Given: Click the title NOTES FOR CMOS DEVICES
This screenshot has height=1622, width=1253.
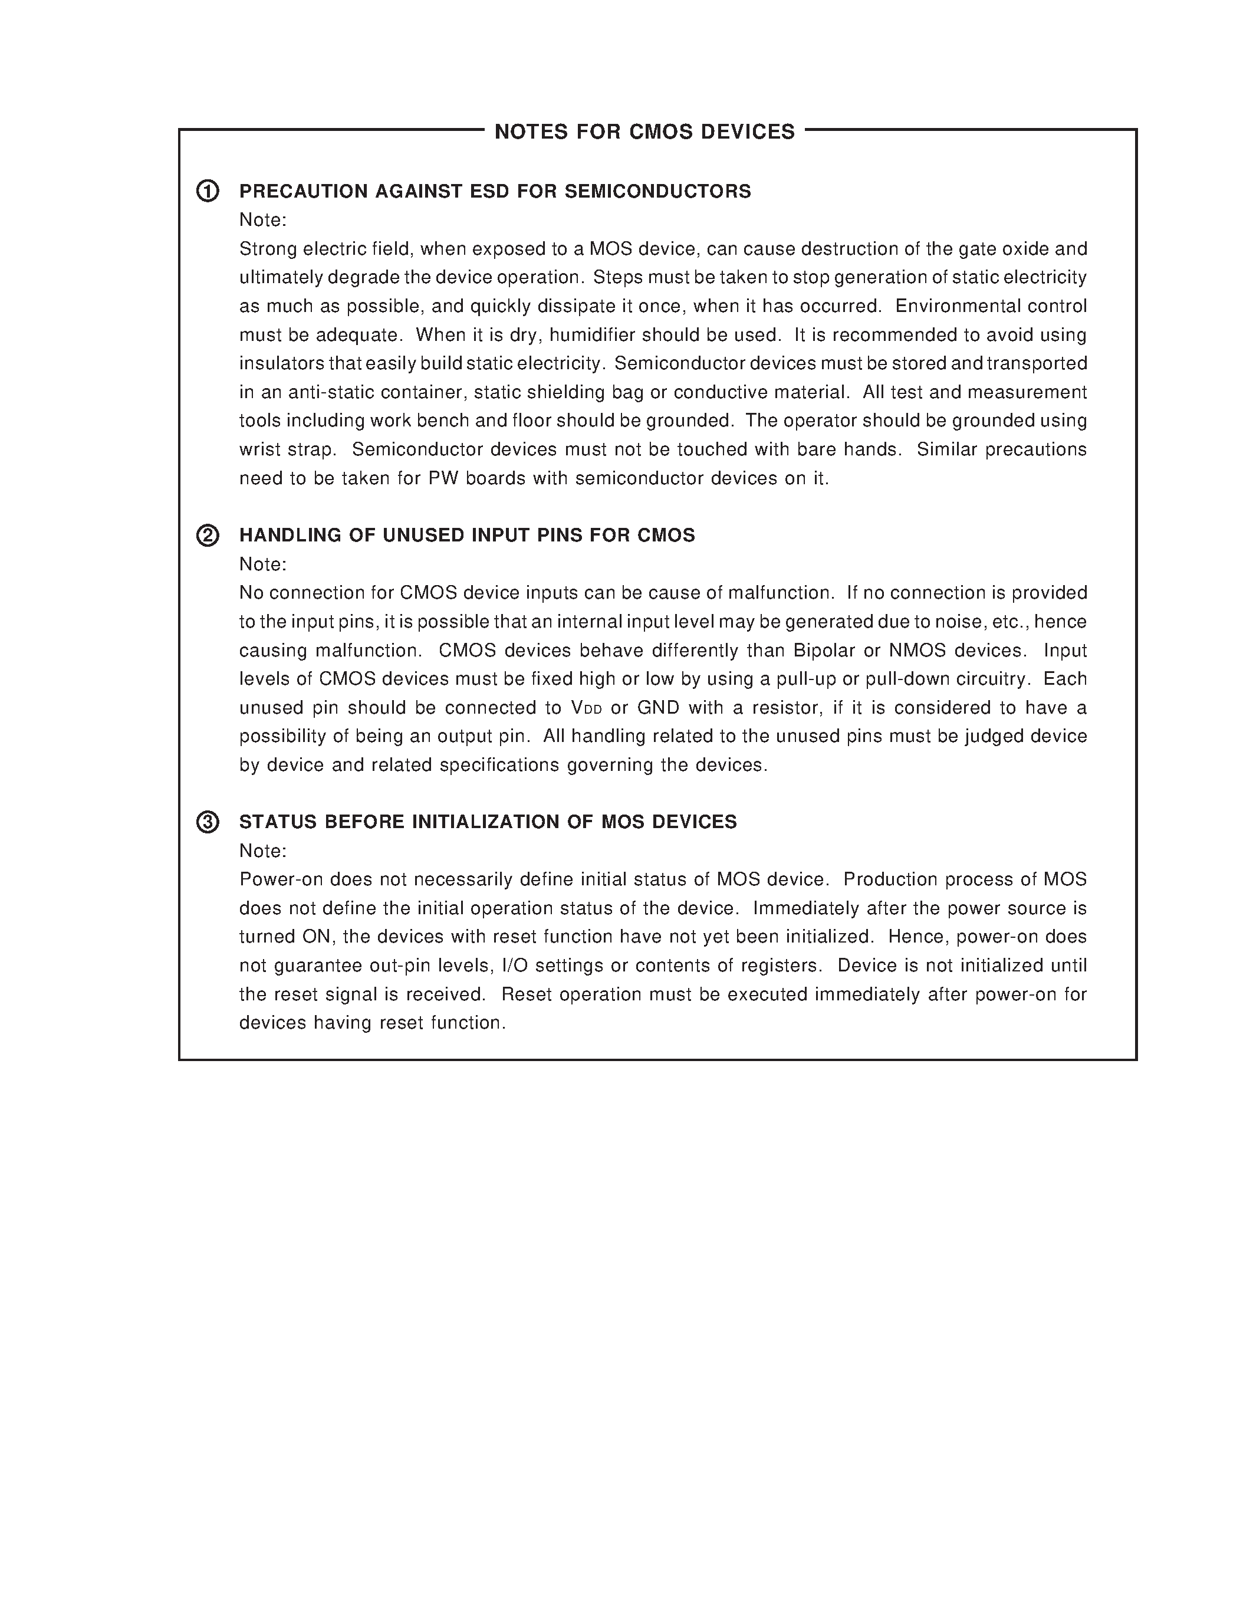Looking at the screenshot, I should click(x=644, y=132).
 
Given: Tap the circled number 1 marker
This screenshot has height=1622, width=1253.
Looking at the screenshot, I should click(x=208, y=191).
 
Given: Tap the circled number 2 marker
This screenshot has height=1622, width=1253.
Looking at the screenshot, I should click(x=208, y=536).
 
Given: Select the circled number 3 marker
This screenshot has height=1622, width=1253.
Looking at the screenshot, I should click(x=208, y=822).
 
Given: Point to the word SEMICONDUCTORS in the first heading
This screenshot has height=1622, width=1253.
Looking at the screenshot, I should click(x=657, y=192).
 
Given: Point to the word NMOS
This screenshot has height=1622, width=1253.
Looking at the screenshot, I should click(x=917, y=651).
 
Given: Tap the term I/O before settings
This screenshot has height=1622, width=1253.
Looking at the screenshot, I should click(x=514, y=966).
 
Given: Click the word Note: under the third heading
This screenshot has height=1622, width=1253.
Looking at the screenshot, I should click(x=263, y=851).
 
